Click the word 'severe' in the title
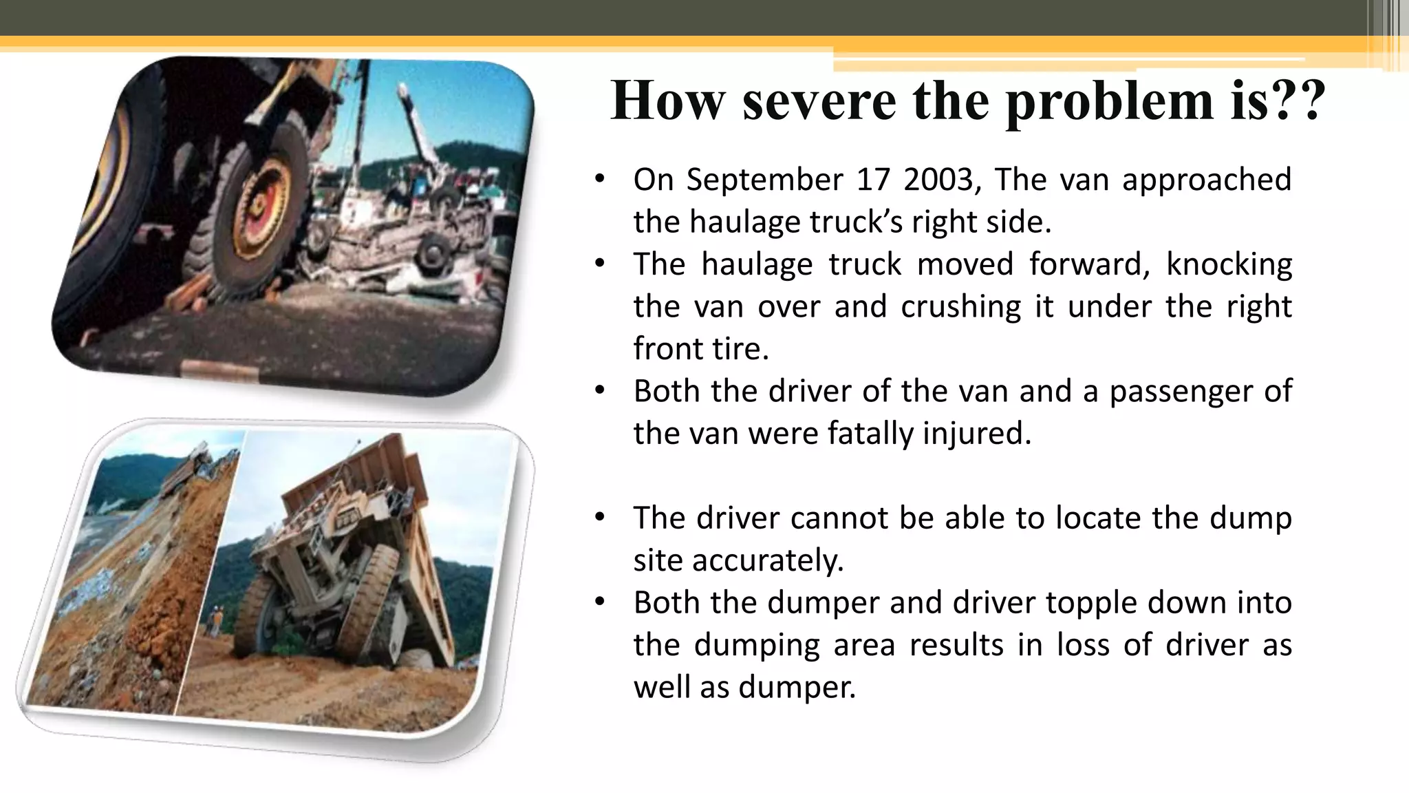tap(819, 101)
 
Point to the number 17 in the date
tap(873, 180)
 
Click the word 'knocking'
tap(1229, 264)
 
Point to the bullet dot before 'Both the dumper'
tap(600, 602)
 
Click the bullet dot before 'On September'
tap(600, 180)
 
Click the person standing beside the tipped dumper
tap(216, 619)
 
